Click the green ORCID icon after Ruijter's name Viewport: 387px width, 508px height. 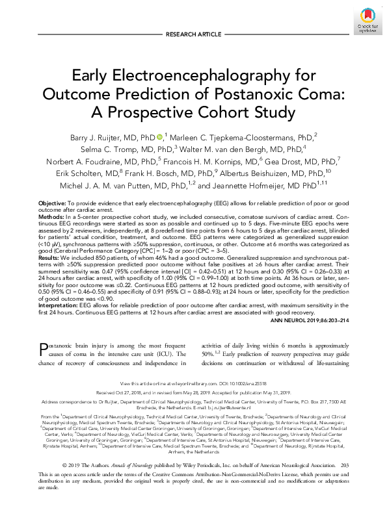pyautogui.click(x=160, y=137)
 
